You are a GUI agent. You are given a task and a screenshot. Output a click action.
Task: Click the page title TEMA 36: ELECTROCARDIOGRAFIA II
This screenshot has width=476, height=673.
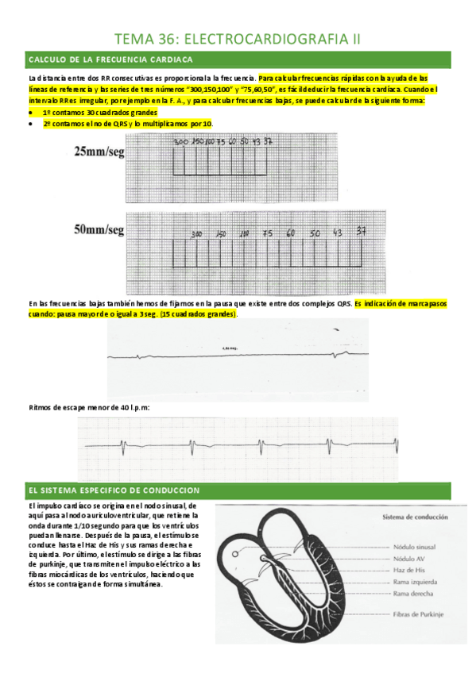(x=238, y=38)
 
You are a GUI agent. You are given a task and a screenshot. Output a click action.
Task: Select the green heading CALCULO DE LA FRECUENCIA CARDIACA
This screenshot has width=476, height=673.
(x=110, y=60)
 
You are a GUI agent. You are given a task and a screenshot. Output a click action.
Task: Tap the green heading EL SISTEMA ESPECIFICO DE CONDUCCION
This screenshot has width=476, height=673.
(x=114, y=490)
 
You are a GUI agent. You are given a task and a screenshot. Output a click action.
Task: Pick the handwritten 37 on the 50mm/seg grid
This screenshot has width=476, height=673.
(x=362, y=232)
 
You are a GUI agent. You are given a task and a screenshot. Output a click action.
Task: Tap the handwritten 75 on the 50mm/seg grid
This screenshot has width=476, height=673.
(x=268, y=234)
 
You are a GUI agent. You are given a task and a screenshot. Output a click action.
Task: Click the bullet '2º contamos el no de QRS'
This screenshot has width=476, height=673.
(x=127, y=124)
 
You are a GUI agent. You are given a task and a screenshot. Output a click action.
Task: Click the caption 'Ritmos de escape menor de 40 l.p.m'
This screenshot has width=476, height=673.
(x=88, y=407)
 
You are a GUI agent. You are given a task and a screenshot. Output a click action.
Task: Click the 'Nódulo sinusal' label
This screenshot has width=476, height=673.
(x=416, y=547)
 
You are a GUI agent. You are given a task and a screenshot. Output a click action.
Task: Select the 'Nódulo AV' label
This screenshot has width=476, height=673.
(x=410, y=559)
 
